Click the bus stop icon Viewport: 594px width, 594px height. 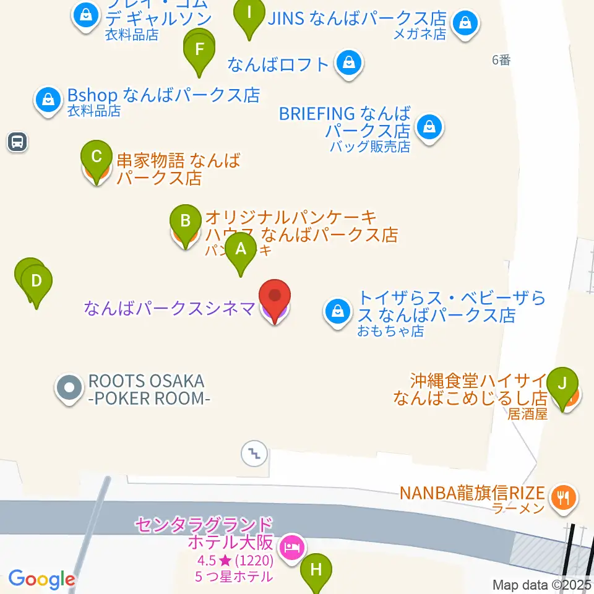(17, 142)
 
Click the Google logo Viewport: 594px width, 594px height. (41, 579)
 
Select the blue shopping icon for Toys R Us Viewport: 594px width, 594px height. (338, 312)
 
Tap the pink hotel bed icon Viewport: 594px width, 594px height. (291, 547)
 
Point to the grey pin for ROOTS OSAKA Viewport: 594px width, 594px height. (69, 388)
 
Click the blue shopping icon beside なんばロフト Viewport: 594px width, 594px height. (350, 62)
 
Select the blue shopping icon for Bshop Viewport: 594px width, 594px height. (48, 98)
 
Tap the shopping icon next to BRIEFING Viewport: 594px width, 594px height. (428, 127)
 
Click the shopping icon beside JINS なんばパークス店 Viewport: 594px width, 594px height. (463, 24)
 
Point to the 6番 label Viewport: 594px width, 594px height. (501, 60)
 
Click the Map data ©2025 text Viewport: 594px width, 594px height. (542, 585)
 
